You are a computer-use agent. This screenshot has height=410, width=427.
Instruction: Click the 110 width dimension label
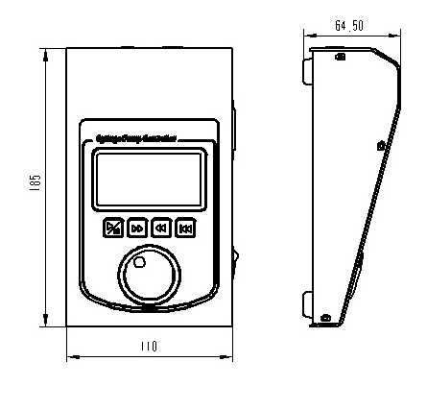(x=149, y=346)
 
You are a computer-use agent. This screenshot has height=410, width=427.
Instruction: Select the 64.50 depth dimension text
(x=348, y=25)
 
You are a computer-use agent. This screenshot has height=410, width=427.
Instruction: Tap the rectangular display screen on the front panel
(x=149, y=179)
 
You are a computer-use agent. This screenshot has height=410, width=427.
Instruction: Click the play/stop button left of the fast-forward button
(x=113, y=228)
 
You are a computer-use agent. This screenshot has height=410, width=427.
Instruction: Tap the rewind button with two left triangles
(x=161, y=228)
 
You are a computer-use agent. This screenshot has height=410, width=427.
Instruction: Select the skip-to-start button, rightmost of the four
(x=185, y=228)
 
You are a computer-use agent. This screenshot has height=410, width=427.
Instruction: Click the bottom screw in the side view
(x=324, y=317)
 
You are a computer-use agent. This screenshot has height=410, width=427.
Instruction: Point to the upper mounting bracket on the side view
(x=307, y=69)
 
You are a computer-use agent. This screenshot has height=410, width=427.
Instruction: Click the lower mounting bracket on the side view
(x=307, y=303)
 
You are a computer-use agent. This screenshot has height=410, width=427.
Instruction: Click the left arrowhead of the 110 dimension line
(x=71, y=357)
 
